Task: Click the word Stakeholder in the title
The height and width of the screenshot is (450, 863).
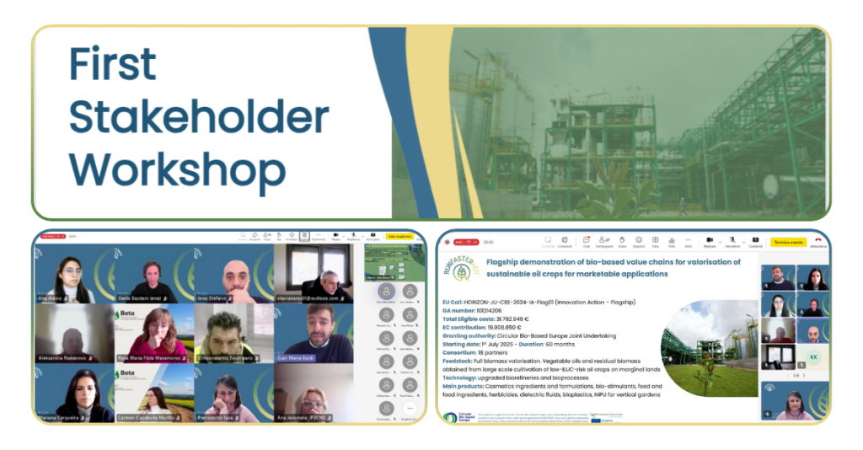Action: (x=198, y=117)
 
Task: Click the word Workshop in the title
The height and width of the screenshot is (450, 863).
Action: (x=177, y=169)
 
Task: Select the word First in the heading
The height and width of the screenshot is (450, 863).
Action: (x=112, y=65)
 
